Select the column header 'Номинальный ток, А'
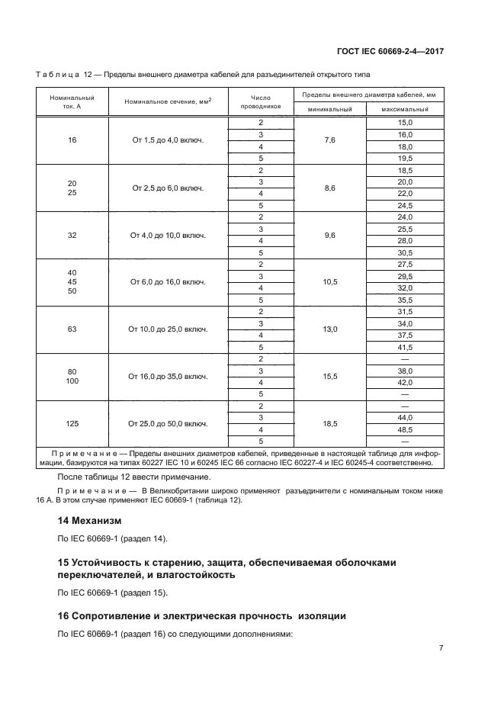pos(72,101)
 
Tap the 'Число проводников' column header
pos(261,101)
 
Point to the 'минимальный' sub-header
pos(329,110)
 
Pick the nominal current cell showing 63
pos(72,329)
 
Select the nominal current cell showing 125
pos(72,423)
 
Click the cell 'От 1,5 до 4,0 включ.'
pos(168,140)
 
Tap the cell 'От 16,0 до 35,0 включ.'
pos(168,377)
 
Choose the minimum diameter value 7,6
pos(329,140)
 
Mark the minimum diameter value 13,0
pos(329,329)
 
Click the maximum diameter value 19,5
pos(404,158)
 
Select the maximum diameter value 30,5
pos(404,252)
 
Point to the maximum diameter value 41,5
pos(404,347)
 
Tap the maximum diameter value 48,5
pos(404,429)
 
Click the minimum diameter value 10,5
pos(329,282)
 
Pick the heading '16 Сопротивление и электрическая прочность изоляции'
pos(202,615)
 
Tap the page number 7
pos(441,648)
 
